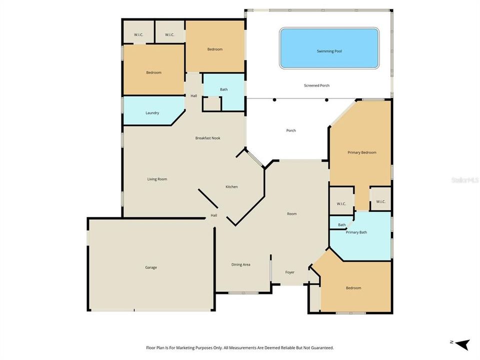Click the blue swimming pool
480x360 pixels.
(x=329, y=48)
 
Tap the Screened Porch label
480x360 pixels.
(x=316, y=85)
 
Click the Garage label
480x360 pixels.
(x=151, y=267)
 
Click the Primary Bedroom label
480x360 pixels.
(x=361, y=152)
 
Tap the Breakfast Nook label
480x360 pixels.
(x=208, y=138)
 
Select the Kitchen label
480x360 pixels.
(x=231, y=187)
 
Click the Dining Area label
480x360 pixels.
(x=240, y=264)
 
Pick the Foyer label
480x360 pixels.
(x=290, y=272)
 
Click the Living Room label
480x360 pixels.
(x=157, y=179)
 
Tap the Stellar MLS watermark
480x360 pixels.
(x=464, y=179)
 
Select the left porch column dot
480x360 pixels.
(x=274, y=99)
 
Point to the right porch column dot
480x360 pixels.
(x=326, y=99)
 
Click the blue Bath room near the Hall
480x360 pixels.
(x=224, y=90)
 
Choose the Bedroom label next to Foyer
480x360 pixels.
(x=353, y=288)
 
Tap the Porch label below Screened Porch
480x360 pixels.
(x=291, y=130)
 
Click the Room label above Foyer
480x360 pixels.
(x=291, y=214)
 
